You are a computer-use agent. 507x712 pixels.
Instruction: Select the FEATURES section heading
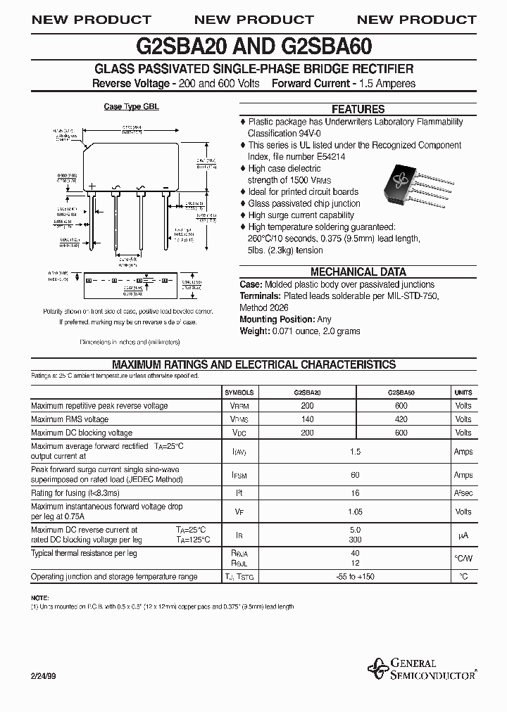coord(358,109)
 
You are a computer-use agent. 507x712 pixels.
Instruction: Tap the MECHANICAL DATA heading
coord(358,272)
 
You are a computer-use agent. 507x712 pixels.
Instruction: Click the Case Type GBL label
coord(131,107)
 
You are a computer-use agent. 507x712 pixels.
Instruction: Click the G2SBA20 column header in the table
coord(307,393)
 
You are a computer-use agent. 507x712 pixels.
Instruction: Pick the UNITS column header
coord(463,393)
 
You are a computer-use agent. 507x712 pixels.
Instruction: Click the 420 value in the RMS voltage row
coord(401,419)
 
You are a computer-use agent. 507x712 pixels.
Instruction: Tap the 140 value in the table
coord(307,419)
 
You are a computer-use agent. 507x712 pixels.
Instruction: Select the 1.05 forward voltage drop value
coord(355,511)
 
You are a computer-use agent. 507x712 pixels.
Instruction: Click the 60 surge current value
coord(355,475)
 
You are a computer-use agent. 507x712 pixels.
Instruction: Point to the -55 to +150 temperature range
coord(355,577)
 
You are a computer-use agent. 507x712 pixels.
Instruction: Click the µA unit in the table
coord(463,535)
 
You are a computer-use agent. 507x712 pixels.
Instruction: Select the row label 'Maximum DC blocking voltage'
coord(82,433)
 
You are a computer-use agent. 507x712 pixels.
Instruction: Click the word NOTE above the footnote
coord(39,597)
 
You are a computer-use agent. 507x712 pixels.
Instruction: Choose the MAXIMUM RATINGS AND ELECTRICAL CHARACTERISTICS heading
coord(254,364)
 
